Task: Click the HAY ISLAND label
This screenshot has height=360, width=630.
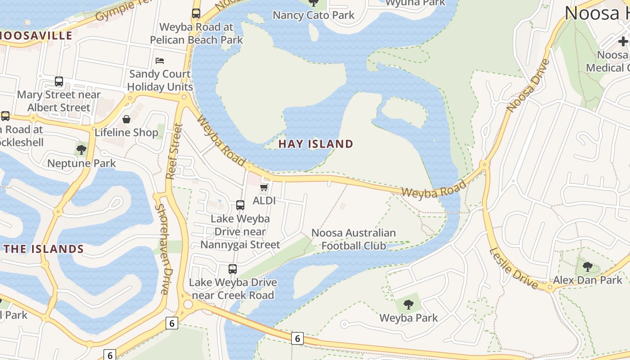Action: pyautogui.click(x=315, y=144)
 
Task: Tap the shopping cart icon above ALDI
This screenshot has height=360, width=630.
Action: pyautogui.click(x=264, y=187)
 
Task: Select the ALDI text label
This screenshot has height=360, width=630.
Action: pyautogui.click(x=264, y=200)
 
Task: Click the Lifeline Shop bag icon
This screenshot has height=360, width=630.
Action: pyautogui.click(x=126, y=119)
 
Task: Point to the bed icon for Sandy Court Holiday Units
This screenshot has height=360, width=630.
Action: pyautogui.click(x=160, y=60)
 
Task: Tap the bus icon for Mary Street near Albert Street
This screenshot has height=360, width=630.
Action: pyautogui.click(x=59, y=81)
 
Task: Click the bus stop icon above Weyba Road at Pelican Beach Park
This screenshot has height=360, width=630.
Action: pyautogui.click(x=196, y=13)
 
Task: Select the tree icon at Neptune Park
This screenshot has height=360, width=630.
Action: pyautogui.click(x=81, y=149)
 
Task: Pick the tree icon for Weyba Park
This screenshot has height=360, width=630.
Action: pyautogui.click(x=409, y=305)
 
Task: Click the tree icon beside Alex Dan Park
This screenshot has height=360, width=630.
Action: pyautogui.click(x=587, y=267)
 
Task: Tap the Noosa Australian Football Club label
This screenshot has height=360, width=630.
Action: pyautogui.click(x=353, y=239)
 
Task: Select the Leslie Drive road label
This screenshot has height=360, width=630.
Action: pyautogui.click(x=513, y=269)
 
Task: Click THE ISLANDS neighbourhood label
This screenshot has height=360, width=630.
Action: pyautogui.click(x=44, y=249)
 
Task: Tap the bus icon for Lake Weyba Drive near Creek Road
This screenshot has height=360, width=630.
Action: pyautogui.click(x=233, y=269)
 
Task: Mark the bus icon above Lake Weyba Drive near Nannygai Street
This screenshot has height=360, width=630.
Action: pyautogui.click(x=240, y=205)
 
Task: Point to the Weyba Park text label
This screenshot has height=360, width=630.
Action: pyautogui.click(x=409, y=318)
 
